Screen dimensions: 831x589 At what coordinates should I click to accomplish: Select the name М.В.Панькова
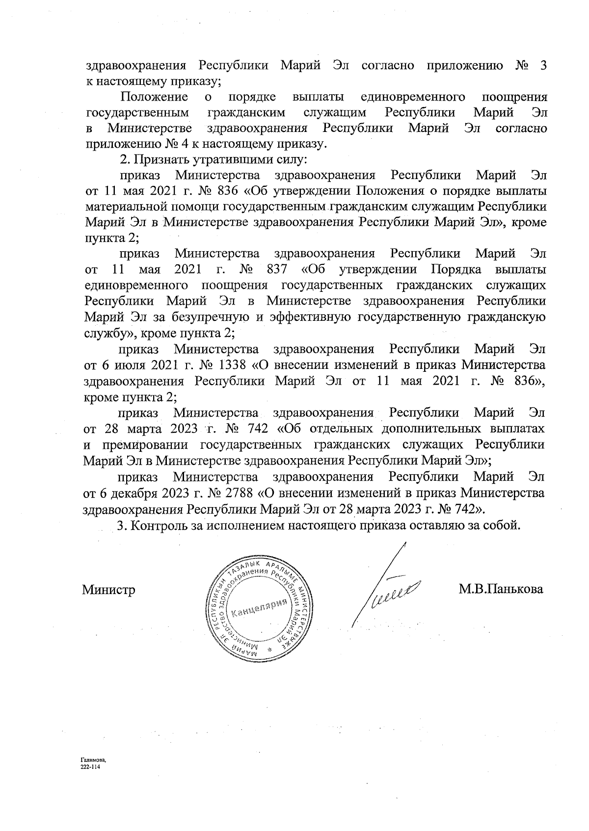point(501,589)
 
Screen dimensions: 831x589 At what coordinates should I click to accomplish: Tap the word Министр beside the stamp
point(108,590)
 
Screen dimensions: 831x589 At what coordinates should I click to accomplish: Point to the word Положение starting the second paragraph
point(155,97)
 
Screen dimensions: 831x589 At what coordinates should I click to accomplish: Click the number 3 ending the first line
point(543,65)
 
